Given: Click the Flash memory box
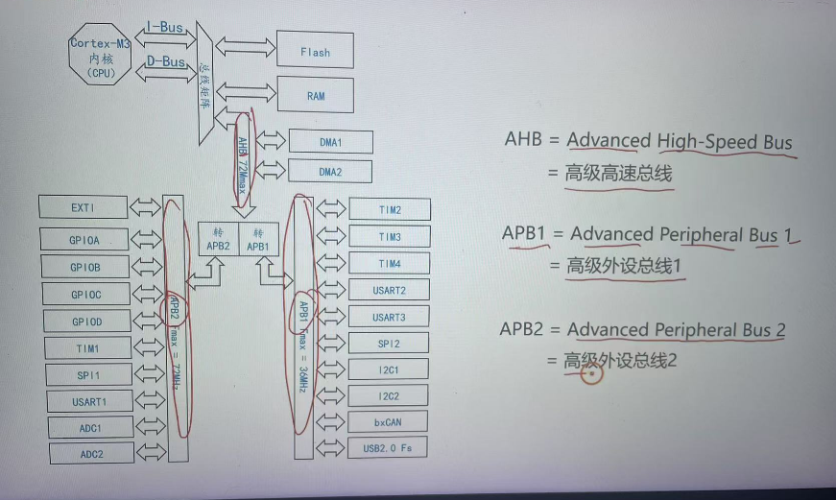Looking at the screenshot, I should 315,52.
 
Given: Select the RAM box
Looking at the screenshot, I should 315,96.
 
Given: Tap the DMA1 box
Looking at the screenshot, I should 330,142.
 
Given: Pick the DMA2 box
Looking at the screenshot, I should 330,172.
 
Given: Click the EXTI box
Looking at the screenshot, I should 83,206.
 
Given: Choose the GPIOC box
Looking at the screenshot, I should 85,294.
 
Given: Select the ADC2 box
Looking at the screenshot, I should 90,454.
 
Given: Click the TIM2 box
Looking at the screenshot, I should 390,209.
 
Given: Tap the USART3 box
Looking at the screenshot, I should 389,317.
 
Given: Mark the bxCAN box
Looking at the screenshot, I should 389,421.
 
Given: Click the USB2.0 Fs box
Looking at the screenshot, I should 389,447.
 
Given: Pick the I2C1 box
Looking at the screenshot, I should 389,369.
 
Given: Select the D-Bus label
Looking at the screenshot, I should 165,62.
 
